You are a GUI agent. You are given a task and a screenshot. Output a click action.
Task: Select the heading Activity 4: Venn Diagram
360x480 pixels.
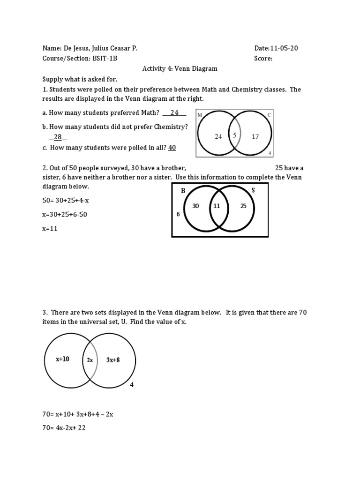180,68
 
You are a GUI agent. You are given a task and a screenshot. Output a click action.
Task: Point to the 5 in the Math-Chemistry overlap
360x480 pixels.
234,135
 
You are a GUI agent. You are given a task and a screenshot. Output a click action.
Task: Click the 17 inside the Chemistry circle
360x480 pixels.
255,136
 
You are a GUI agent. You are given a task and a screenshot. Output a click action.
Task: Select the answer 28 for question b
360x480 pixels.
58,137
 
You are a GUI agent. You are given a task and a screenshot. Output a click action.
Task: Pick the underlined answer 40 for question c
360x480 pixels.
172,148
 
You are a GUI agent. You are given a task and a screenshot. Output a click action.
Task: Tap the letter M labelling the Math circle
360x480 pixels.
200,114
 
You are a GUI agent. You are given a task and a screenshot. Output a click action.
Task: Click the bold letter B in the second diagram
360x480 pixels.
183,191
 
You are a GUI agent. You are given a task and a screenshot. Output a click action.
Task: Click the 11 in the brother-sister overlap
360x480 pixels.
217,206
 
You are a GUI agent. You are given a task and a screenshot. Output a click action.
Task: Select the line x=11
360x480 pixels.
51,229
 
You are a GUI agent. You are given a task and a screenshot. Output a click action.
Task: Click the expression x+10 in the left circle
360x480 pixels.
62,359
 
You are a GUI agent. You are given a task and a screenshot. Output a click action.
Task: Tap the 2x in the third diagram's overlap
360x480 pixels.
90,360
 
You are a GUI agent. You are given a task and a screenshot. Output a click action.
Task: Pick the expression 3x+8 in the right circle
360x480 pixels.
112,360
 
